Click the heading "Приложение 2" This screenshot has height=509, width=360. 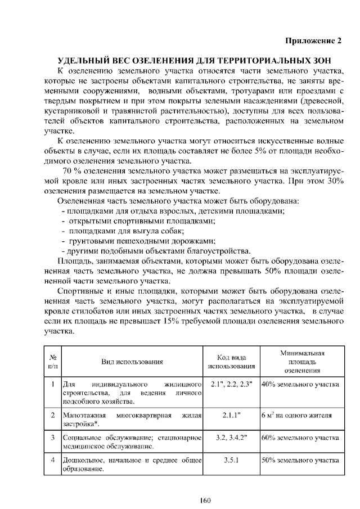[x=313, y=41]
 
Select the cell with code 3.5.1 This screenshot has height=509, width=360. [x=231, y=460]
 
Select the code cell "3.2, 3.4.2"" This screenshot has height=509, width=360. [x=231, y=436]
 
